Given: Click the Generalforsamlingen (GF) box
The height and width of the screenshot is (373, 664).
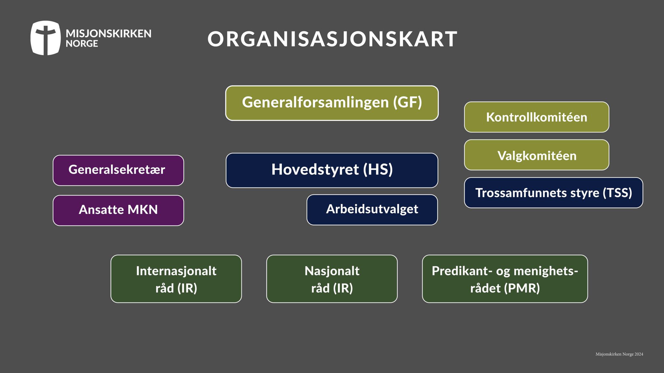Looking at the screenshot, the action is click(x=332, y=103).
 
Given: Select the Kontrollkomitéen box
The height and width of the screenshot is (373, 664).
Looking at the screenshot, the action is click(x=537, y=117).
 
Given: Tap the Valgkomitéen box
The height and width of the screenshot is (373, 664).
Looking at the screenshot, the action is click(x=537, y=155).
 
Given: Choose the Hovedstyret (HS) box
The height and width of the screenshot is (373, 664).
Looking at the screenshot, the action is click(x=332, y=170).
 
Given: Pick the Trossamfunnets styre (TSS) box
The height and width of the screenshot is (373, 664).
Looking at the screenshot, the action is click(x=553, y=193).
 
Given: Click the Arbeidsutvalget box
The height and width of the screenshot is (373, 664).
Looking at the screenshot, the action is click(x=372, y=210).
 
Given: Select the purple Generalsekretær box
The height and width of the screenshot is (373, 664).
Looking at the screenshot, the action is click(x=118, y=170).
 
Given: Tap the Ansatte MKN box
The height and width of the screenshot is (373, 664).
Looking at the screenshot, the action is click(x=118, y=210).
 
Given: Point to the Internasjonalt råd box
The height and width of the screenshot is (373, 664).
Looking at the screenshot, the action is click(x=176, y=279).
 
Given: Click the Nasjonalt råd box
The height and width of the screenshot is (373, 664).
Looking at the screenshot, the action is click(x=332, y=279).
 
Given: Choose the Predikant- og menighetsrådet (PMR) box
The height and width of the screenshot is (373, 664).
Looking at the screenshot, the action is click(x=505, y=279).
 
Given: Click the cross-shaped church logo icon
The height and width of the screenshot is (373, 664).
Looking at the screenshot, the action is click(x=45, y=38).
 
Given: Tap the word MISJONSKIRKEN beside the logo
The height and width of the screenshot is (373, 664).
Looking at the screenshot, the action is click(x=109, y=33).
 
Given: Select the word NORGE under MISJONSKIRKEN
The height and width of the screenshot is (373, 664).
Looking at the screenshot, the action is click(x=82, y=44).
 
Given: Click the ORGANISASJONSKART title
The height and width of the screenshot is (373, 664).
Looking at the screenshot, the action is click(x=332, y=39).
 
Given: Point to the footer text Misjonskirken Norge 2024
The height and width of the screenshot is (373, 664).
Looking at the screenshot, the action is click(x=619, y=354).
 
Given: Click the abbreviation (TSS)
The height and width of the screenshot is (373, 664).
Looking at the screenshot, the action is click(x=617, y=193).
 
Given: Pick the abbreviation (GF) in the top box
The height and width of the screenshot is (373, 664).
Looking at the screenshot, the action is click(x=408, y=102).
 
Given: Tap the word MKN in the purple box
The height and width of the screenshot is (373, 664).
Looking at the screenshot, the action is click(x=143, y=210).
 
